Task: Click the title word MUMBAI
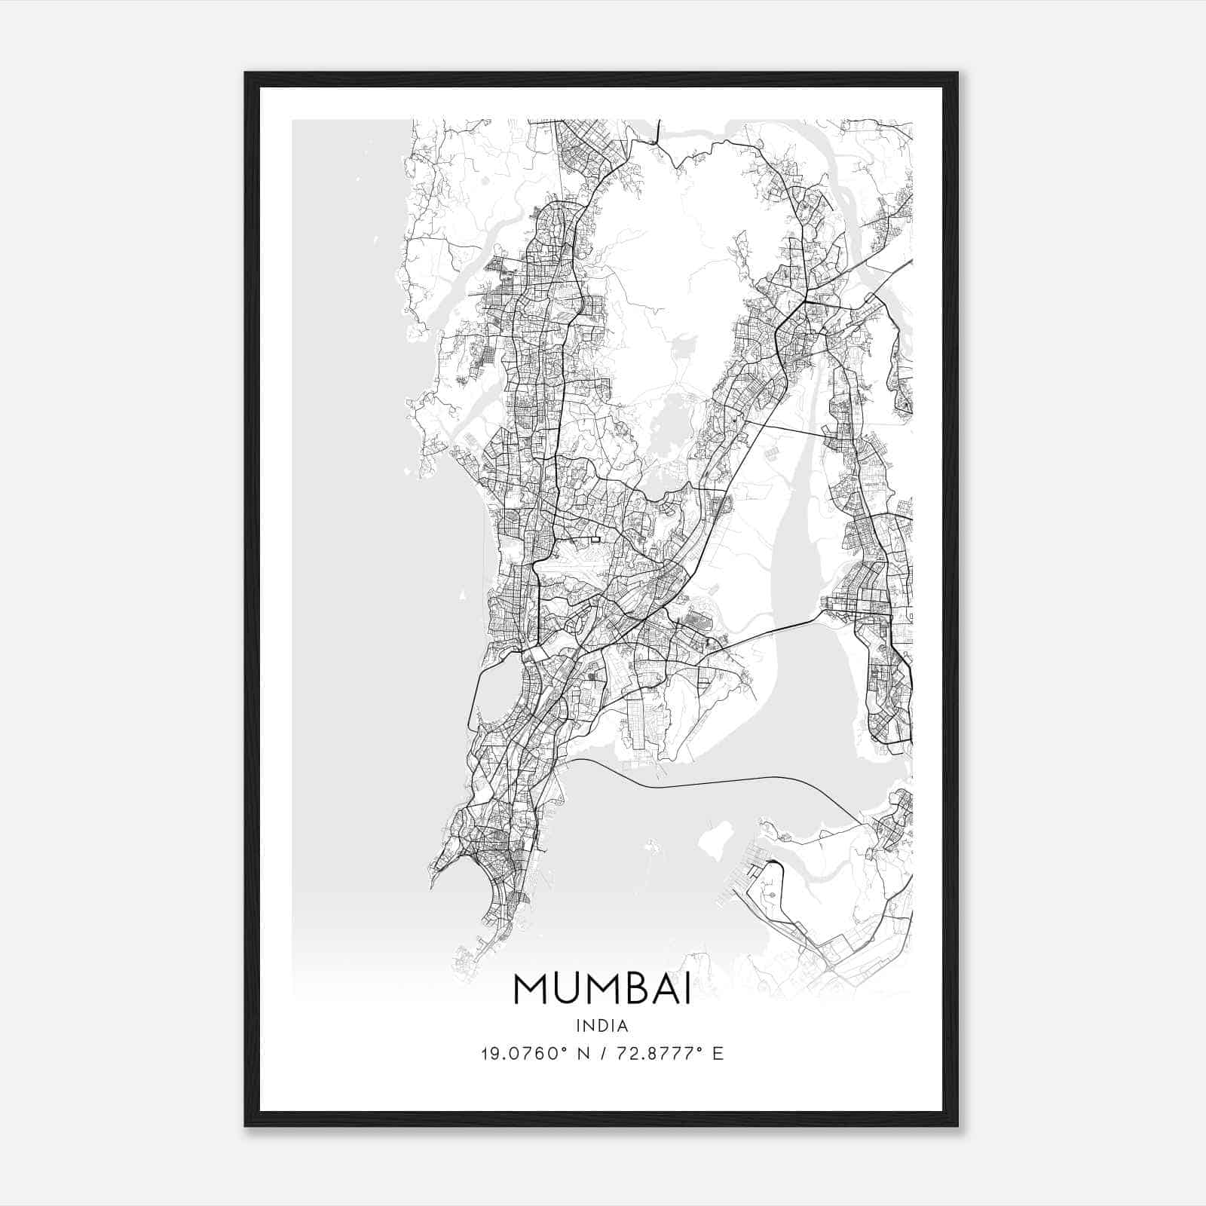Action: click(602, 989)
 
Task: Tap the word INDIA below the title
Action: click(601, 1026)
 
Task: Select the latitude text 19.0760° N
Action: click(534, 1054)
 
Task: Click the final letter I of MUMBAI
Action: click(687, 989)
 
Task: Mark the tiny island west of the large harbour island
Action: click(653, 849)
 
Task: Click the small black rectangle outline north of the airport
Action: click(596, 539)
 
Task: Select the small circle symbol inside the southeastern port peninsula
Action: click(773, 894)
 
